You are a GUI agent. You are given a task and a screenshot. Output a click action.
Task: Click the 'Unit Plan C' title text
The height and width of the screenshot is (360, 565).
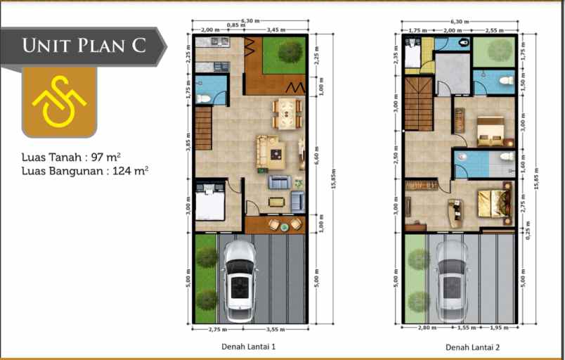84,46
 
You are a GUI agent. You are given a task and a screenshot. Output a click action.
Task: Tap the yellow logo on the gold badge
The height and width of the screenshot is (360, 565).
59,103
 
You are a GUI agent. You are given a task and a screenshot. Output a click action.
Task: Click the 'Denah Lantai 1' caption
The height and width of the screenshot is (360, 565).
248,347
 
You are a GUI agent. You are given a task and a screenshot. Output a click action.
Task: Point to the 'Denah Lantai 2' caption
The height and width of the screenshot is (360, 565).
472,347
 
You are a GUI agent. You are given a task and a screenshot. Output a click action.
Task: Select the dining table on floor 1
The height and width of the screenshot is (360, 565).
287,112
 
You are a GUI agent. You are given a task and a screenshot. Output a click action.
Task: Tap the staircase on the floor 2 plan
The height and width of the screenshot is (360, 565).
417,103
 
